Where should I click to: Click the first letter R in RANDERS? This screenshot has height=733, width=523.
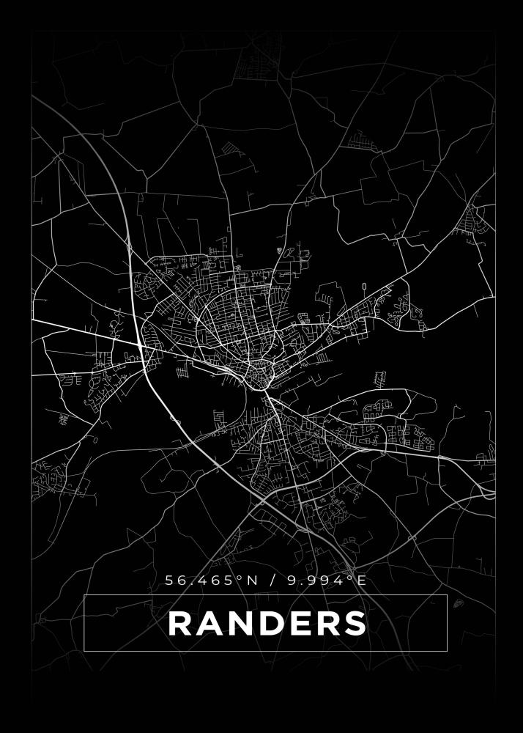coord(180,624)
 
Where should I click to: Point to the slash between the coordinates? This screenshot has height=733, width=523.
coord(273,581)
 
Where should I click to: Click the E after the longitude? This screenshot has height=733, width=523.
coord(360,581)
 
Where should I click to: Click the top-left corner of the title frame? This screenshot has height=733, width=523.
coord(84,595)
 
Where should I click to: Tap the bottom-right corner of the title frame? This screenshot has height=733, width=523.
coord(447,651)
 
